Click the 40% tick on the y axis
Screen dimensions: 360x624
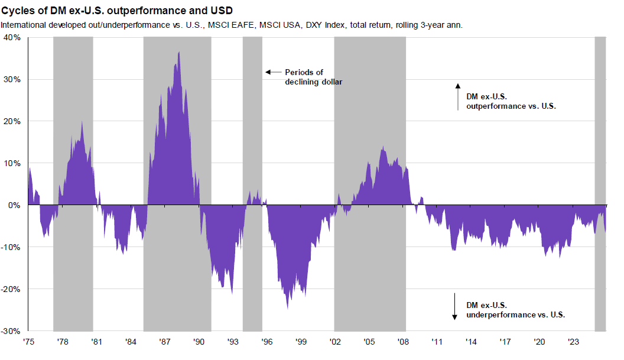(x=12, y=37)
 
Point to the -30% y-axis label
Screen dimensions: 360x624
(x=11, y=331)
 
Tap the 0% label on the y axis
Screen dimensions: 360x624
(x=14, y=205)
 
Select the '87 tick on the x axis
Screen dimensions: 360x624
(x=165, y=342)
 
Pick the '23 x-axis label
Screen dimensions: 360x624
(x=573, y=342)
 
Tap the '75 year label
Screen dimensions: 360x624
(x=28, y=342)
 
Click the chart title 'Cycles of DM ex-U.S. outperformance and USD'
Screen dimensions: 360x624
(x=117, y=11)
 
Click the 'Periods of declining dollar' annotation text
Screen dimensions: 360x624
(x=314, y=77)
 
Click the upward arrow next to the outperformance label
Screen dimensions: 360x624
(x=457, y=97)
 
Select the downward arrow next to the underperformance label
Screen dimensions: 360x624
(x=455, y=306)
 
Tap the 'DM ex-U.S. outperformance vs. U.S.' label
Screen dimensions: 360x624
(x=512, y=101)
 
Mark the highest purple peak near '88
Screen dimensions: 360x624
(x=179, y=53)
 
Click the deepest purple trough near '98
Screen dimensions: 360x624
(x=288, y=308)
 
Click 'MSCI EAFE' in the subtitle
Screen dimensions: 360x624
(x=232, y=25)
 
